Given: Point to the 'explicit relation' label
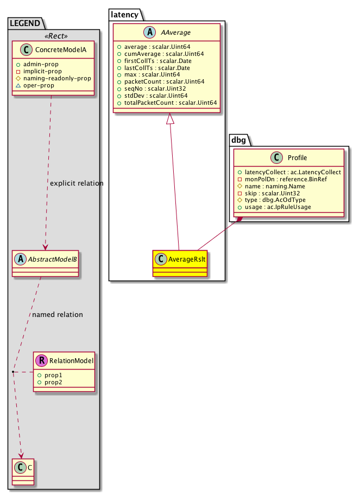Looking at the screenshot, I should point(77,183).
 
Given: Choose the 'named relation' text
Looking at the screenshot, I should point(58,314).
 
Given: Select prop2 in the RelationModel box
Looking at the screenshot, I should point(54,382).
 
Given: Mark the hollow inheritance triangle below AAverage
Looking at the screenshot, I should point(171,119).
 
